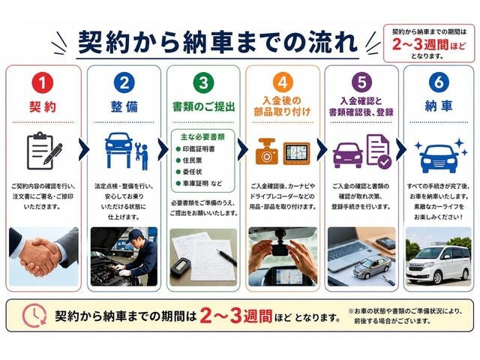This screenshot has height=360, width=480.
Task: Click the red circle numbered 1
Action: click(x=43, y=82)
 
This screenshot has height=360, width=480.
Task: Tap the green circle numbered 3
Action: click(x=203, y=82)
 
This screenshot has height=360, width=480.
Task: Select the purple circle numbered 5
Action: click(x=361, y=82)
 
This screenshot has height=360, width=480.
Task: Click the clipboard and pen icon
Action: click(x=44, y=151)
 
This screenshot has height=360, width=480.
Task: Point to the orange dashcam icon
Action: click(x=267, y=151)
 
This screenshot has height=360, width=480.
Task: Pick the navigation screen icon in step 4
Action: click(x=296, y=154)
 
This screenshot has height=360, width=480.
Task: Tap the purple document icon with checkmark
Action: click(x=379, y=151)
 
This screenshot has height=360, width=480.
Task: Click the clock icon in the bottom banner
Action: click(x=34, y=315)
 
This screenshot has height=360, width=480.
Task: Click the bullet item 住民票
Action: click(x=189, y=160)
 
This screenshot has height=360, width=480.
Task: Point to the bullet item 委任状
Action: click(x=189, y=172)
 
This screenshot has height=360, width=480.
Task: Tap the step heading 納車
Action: click(x=439, y=106)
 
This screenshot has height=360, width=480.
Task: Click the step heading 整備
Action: click(x=124, y=106)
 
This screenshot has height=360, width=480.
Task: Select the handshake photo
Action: click(x=43, y=256)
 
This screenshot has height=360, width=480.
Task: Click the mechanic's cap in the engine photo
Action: click(x=133, y=235)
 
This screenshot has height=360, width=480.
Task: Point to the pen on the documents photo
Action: click(x=226, y=257)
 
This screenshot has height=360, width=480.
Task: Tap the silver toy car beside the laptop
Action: click(x=372, y=266)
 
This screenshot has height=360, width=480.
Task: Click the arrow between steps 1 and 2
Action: click(x=84, y=150)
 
